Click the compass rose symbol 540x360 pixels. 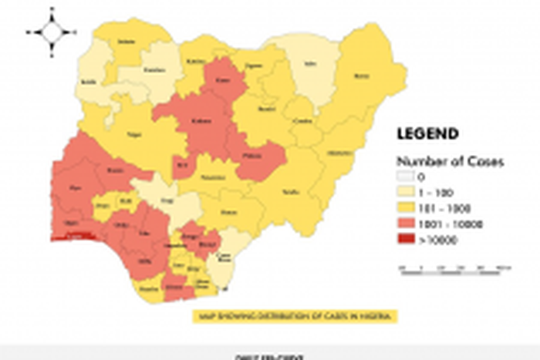coord(52,32)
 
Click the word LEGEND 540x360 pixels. coord(427,133)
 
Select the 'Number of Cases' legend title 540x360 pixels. coord(450,162)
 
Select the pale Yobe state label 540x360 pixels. coord(311,64)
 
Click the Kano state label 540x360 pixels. coord(223,79)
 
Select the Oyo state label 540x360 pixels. coord(75,187)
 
